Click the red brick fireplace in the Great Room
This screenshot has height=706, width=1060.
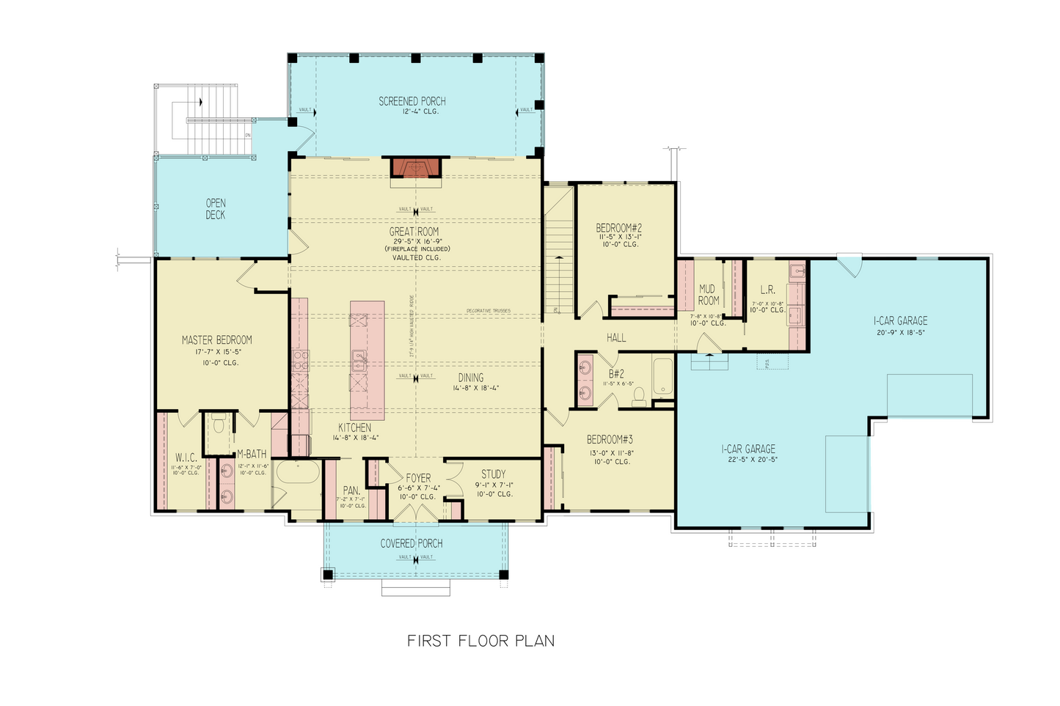(x=416, y=168)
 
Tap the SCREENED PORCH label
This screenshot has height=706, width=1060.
(x=412, y=101)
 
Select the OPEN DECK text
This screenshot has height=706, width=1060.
(x=216, y=209)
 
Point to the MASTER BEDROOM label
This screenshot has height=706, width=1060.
(x=216, y=340)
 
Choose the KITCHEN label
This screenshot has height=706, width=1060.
(x=354, y=427)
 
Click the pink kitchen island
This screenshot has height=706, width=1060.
(x=367, y=359)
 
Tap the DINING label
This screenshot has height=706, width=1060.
(x=471, y=378)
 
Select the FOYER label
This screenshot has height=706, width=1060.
(x=418, y=478)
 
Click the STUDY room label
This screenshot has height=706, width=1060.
(x=493, y=474)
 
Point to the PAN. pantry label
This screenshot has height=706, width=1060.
(x=351, y=490)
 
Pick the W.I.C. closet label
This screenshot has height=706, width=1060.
(x=186, y=457)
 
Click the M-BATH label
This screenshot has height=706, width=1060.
(x=252, y=455)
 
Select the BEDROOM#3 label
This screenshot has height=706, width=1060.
(x=609, y=440)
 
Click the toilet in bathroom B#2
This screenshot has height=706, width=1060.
(x=638, y=396)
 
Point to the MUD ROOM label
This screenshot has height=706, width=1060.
(x=708, y=295)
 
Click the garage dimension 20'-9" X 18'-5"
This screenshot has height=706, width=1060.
(x=900, y=332)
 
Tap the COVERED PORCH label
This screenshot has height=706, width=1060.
(x=411, y=543)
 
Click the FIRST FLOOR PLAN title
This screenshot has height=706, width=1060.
(x=480, y=641)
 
